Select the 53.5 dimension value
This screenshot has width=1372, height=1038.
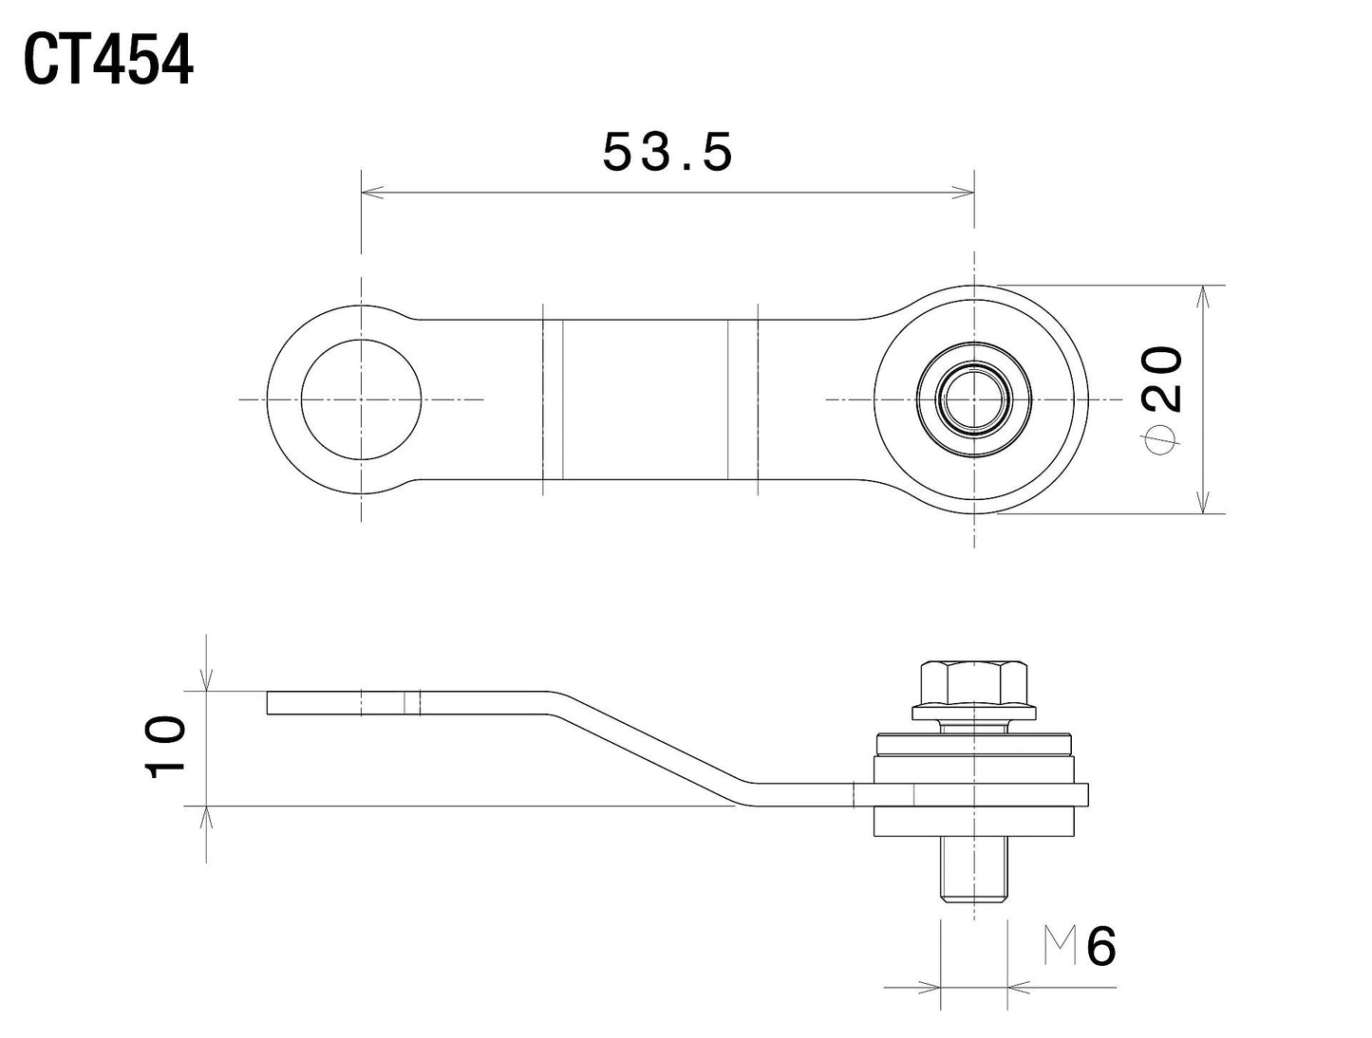(x=667, y=152)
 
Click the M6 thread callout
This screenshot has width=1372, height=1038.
(x=1081, y=946)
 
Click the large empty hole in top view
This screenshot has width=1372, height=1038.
(x=361, y=399)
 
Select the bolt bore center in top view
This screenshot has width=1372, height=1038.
(x=973, y=399)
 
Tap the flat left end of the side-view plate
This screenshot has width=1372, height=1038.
(x=313, y=702)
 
